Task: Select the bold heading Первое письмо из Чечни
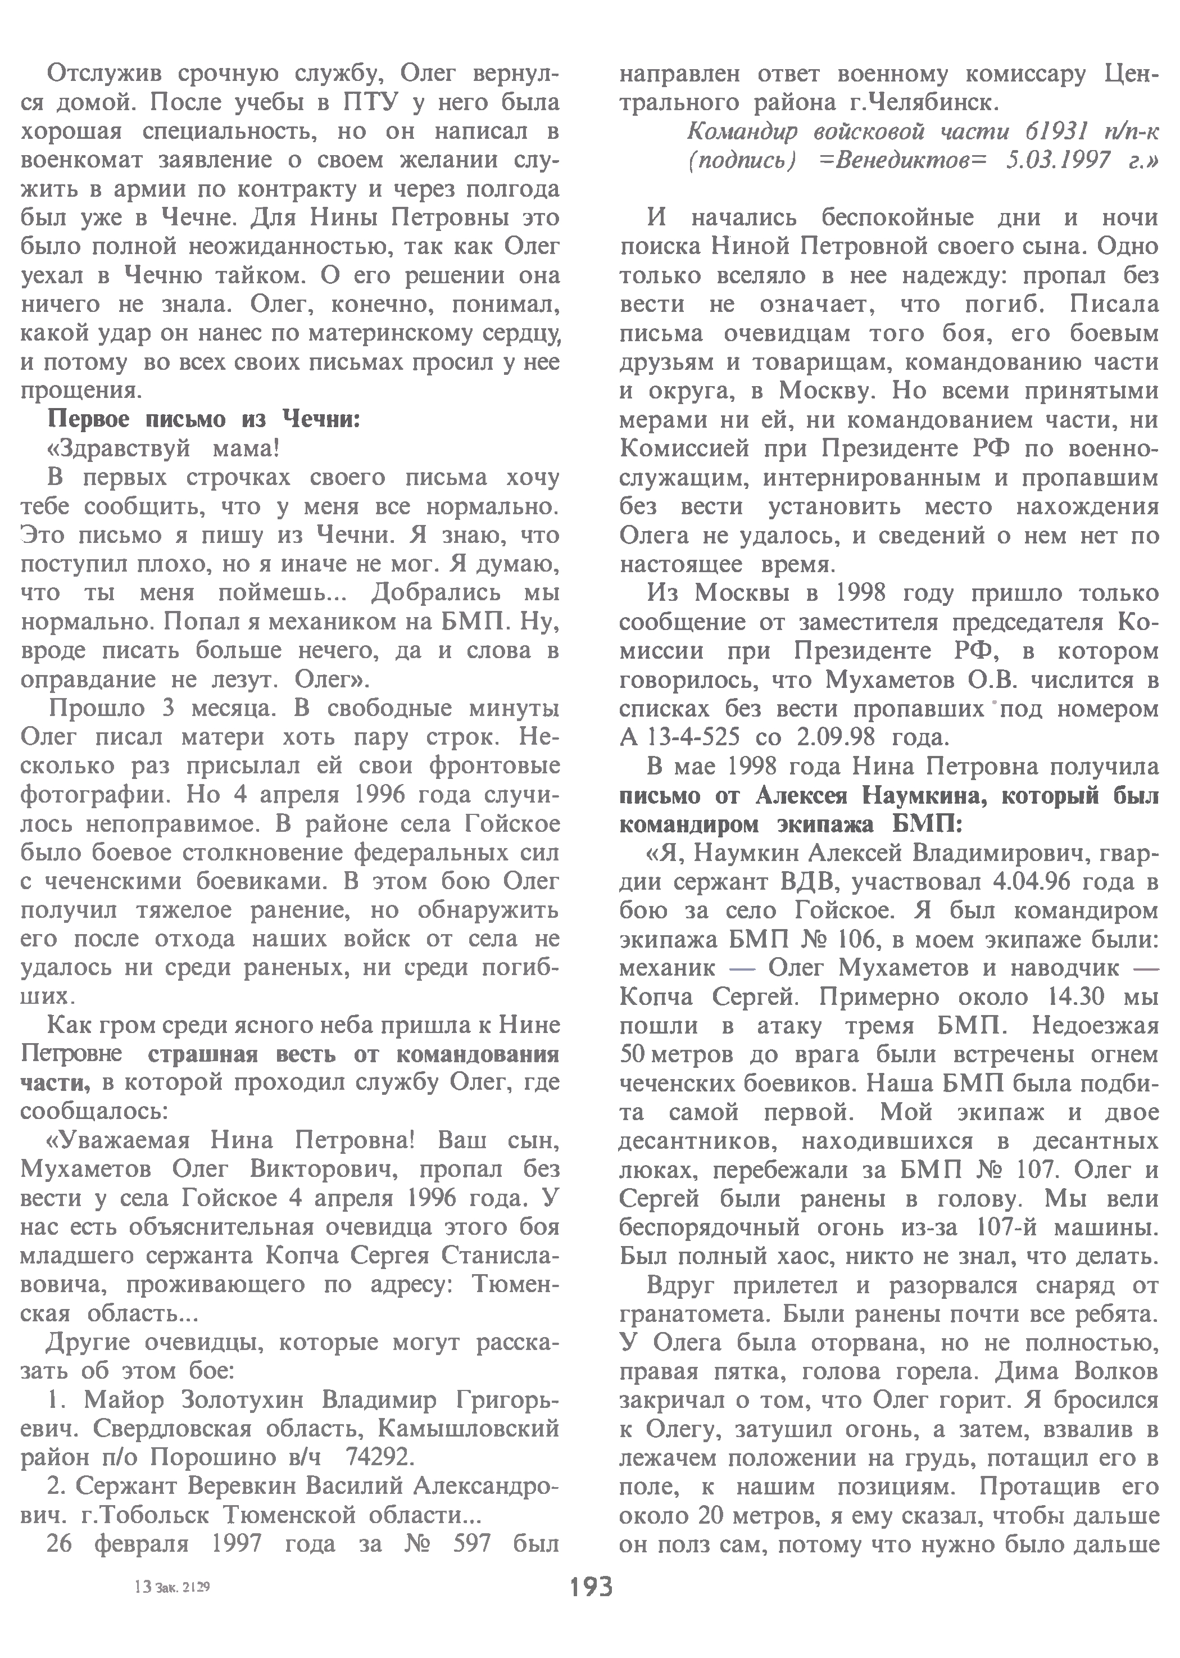coord(203,419)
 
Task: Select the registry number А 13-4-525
coord(680,737)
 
